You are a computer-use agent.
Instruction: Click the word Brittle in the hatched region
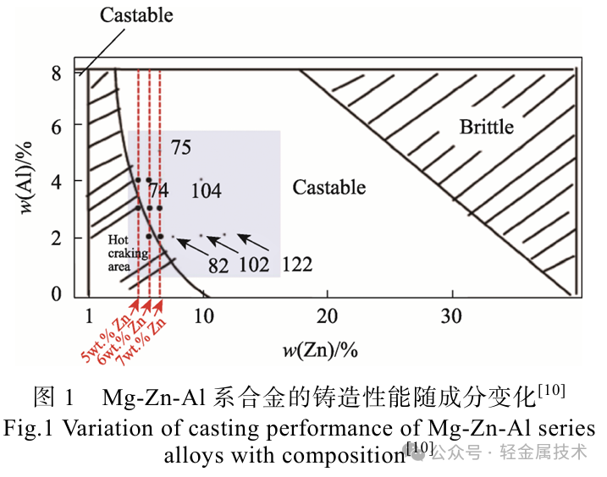(486, 127)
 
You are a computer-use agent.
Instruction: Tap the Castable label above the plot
(136, 14)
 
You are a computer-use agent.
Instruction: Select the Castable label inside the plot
(329, 187)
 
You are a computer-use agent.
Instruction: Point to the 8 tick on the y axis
(55, 73)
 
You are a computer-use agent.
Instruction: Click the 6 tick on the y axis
(55, 125)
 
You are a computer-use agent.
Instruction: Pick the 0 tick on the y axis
(55, 293)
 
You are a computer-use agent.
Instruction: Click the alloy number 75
(180, 148)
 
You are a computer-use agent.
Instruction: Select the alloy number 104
(206, 191)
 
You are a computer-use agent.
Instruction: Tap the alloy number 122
(296, 266)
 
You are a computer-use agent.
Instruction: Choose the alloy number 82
(218, 266)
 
